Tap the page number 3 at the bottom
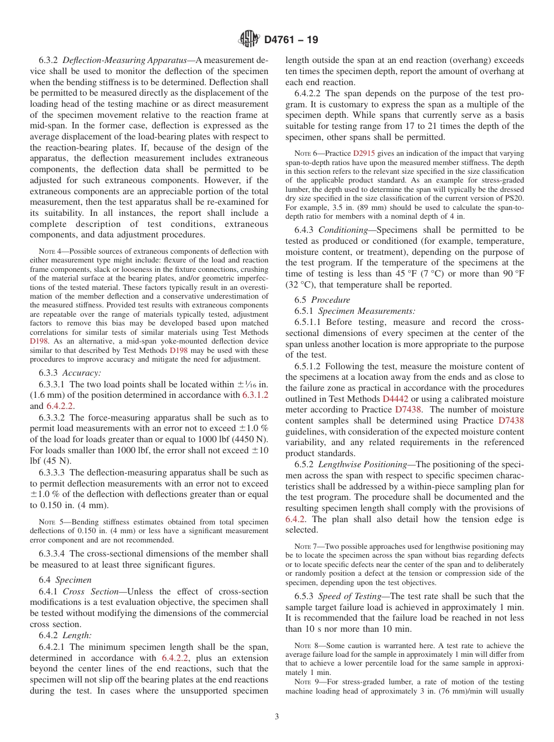(x=277, y=716)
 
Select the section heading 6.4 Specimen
(x=65, y=580)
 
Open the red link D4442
(x=395, y=399)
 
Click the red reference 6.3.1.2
(x=255, y=395)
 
